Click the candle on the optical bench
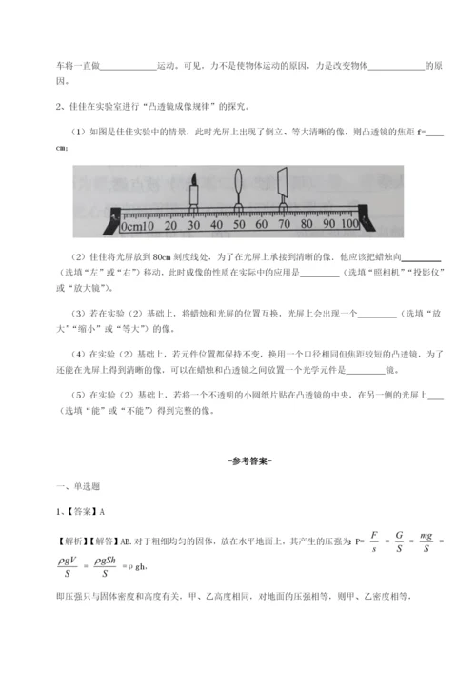pyautogui.click(x=193, y=199)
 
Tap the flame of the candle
pyautogui.click(x=193, y=179)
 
